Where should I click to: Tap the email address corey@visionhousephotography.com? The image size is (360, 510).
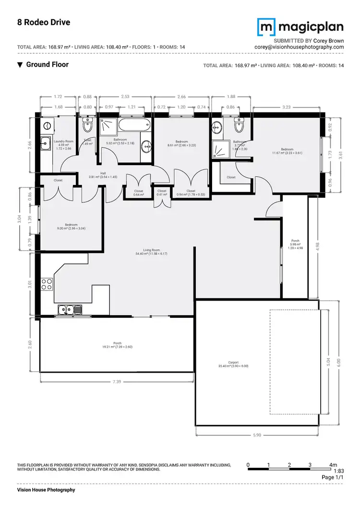[x=300, y=47]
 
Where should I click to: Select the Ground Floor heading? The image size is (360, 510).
[x=47, y=64]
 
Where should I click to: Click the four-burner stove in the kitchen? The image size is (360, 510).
[x=47, y=284]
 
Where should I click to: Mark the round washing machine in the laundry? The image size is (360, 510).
[x=47, y=126]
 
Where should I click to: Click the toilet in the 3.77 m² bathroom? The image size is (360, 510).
[x=239, y=127]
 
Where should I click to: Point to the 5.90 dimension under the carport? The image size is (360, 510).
[x=257, y=435]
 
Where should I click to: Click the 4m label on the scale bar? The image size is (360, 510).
[x=333, y=465]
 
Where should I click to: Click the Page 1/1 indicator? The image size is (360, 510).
[x=333, y=478]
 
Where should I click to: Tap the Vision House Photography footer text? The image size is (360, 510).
[x=46, y=490]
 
